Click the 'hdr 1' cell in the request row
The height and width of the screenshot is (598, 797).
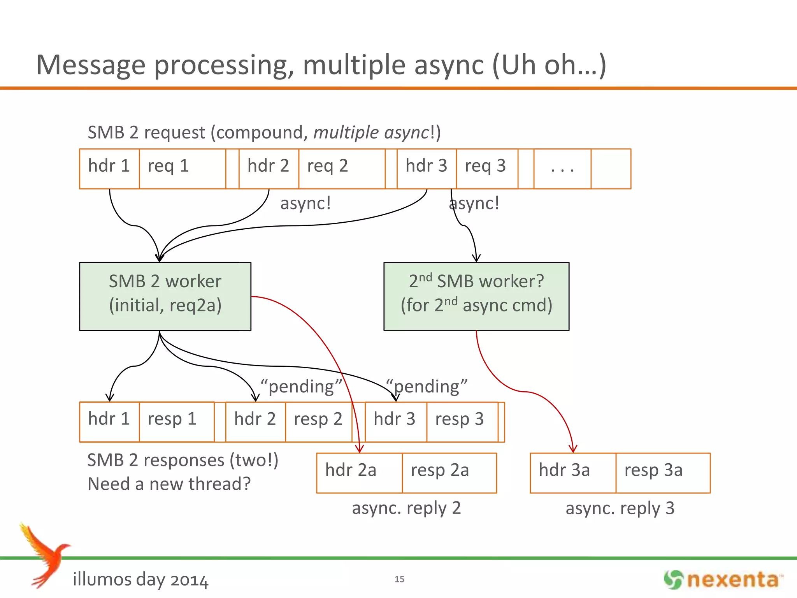pyautogui.click(x=109, y=169)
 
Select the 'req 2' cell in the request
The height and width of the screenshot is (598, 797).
pyautogui.click(x=342, y=169)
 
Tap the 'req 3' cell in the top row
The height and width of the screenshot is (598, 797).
pyautogui.click(x=486, y=169)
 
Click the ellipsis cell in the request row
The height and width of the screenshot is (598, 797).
pyautogui.click(x=562, y=169)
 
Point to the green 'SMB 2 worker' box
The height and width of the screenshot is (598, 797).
pyautogui.click(x=165, y=296)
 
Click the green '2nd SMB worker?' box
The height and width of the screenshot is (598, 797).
pyautogui.click(x=476, y=296)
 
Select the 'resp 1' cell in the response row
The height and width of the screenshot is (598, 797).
pyautogui.click(x=176, y=422)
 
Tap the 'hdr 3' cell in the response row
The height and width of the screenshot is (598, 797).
pyautogui.click(x=395, y=422)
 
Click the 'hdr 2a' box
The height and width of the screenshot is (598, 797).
pyautogui.click(x=359, y=473)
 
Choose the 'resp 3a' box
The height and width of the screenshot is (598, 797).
pyautogui.click(x=662, y=473)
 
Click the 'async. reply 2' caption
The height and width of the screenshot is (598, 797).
pyautogui.click(x=406, y=508)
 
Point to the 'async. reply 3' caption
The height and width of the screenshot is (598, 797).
pyautogui.click(x=620, y=508)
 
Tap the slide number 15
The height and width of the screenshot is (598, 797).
pyautogui.click(x=399, y=579)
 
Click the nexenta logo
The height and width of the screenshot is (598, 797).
pyautogui.click(x=723, y=580)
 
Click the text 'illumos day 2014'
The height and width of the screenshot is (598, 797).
pyautogui.click(x=140, y=579)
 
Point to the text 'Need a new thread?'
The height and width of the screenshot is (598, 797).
pyautogui.click(x=169, y=484)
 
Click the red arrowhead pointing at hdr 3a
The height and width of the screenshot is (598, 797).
pyautogui.click(x=572, y=449)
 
